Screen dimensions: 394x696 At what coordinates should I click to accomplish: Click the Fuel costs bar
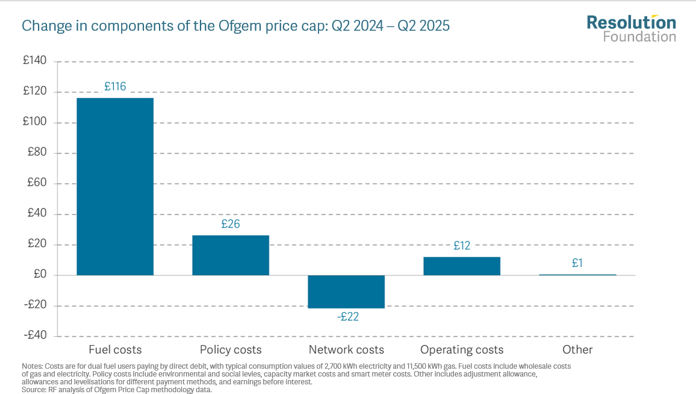pos(115,186)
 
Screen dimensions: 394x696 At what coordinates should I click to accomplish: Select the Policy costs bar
pos(231,255)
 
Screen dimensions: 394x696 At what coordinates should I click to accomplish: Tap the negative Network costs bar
pos(346,292)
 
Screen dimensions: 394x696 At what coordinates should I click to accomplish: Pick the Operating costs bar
pos(462,266)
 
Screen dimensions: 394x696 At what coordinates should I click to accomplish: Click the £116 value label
pos(115,87)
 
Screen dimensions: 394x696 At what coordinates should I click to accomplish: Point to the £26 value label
pos(231,224)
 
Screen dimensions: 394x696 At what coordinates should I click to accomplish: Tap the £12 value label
pos(462,246)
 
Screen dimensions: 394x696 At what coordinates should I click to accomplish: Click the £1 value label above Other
pos(577,263)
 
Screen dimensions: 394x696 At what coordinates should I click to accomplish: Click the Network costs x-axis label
pos(346,350)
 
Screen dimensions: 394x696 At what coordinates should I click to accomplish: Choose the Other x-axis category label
pos(577,350)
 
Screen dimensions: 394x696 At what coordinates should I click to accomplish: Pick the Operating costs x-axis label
pos(462,350)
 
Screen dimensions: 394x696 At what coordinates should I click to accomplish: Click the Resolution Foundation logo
pos(631,29)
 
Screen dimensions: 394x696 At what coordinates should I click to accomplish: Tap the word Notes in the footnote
pos(32,366)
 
